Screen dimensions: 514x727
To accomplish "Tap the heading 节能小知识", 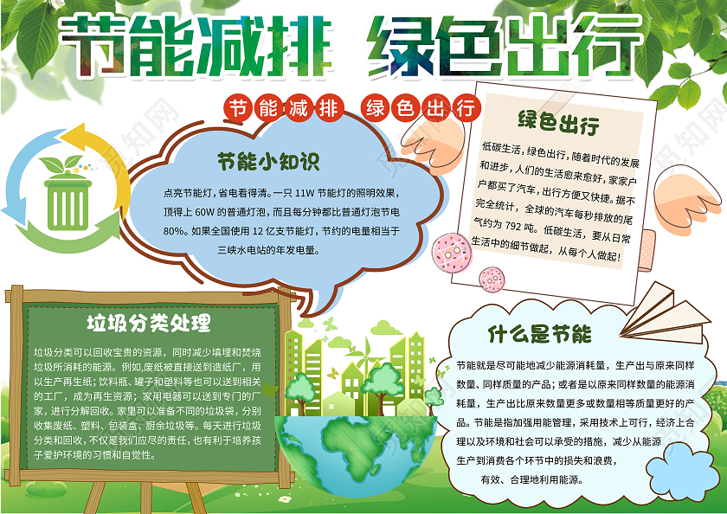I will click(x=268, y=160).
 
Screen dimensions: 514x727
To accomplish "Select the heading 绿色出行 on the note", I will click(x=557, y=121).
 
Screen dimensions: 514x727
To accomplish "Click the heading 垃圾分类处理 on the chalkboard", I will click(x=148, y=324).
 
